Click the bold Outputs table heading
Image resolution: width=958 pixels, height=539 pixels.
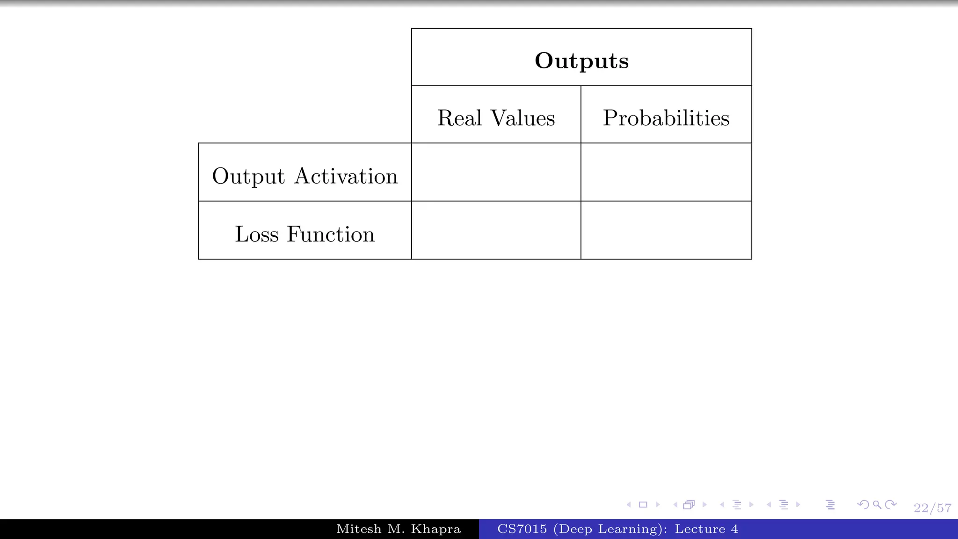[581, 61]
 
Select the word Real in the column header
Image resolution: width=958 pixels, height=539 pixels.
[459, 118]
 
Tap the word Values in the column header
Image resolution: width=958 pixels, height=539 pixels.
[523, 118]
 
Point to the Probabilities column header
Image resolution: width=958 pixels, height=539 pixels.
[666, 118]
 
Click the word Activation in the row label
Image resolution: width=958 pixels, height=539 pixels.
[346, 176]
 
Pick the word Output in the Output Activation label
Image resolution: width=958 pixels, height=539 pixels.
[248, 177]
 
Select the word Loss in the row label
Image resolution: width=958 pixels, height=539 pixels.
[256, 234]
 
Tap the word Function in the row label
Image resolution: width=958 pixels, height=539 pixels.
[330, 234]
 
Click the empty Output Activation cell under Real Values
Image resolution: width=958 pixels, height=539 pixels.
[496, 172]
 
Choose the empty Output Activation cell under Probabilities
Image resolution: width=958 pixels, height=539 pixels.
[666, 172]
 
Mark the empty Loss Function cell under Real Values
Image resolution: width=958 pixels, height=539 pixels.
[496, 230]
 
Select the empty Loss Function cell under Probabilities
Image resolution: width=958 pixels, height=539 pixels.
[666, 230]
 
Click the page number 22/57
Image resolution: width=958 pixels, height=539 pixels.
[932, 508]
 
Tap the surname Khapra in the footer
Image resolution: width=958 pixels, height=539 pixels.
[435, 529]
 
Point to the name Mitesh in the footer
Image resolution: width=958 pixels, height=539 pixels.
[359, 529]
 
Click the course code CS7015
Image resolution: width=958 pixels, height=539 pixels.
[522, 529]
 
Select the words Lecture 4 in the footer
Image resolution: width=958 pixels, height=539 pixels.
[706, 529]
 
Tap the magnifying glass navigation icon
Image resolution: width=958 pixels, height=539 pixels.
[877, 504]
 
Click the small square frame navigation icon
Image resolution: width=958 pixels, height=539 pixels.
[643, 504]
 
